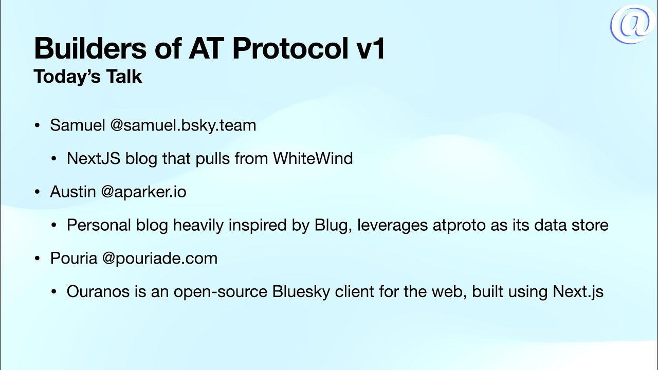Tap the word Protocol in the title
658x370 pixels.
290,49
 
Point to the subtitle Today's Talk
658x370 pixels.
88,77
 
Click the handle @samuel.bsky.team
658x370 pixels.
182,125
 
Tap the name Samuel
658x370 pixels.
77,125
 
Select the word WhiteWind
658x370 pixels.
313,158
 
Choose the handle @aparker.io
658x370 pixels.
143,192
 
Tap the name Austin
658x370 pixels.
73,192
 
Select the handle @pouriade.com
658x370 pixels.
160,258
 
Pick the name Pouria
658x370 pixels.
74,258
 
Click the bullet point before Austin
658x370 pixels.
37,192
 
